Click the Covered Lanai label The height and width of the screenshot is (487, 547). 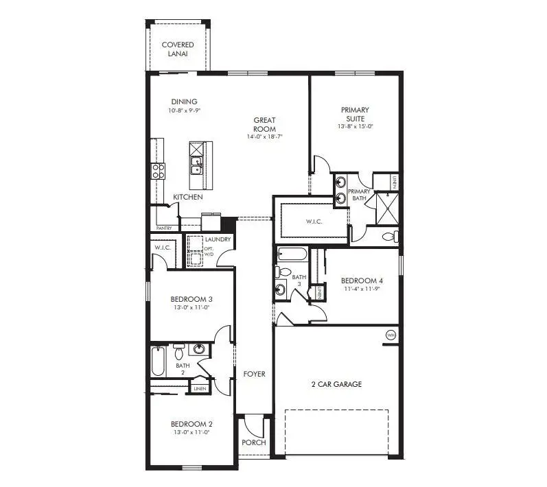click(x=177, y=49)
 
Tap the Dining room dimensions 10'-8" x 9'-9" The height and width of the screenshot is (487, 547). click(x=183, y=110)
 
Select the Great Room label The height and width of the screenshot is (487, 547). click(x=264, y=124)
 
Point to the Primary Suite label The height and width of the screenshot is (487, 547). click(x=355, y=114)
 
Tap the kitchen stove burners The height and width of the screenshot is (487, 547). click(x=158, y=171)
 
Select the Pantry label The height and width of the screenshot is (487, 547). click(x=164, y=228)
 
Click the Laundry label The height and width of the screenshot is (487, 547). click(x=218, y=239)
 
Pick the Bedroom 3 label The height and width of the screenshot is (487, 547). click(x=191, y=299)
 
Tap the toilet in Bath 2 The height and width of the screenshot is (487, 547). click(x=178, y=353)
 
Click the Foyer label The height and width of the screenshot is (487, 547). click(x=254, y=374)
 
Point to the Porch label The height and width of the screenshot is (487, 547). click(x=253, y=442)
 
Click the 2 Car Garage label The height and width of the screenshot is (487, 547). click(x=336, y=384)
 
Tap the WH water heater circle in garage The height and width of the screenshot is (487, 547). click(x=391, y=335)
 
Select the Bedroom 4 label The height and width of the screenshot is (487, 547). click(x=362, y=281)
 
